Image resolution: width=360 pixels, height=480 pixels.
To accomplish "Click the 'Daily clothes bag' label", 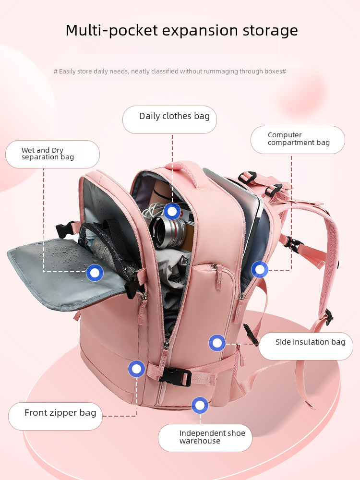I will click(x=174, y=116).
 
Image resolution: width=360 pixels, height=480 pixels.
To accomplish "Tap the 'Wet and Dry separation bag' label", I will click(x=48, y=154).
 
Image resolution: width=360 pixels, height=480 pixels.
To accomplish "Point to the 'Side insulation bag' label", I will click(x=310, y=342).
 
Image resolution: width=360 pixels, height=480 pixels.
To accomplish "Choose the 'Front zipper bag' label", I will click(x=60, y=413).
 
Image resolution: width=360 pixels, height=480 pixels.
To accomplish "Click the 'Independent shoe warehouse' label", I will click(x=212, y=437).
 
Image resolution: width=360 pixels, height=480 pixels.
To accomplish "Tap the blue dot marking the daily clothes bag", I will click(x=172, y=211).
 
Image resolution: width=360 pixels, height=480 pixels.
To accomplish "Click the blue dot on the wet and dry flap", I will click(x=95, y=273).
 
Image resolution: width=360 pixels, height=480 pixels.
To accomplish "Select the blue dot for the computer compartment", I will click(x=260, y=270).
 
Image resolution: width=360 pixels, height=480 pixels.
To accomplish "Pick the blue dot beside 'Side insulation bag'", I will click(x=217, y=343).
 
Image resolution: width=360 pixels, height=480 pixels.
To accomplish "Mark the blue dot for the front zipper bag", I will click(x=136, y=369).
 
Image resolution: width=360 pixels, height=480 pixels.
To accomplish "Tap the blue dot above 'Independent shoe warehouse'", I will click(x=200, y=405).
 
